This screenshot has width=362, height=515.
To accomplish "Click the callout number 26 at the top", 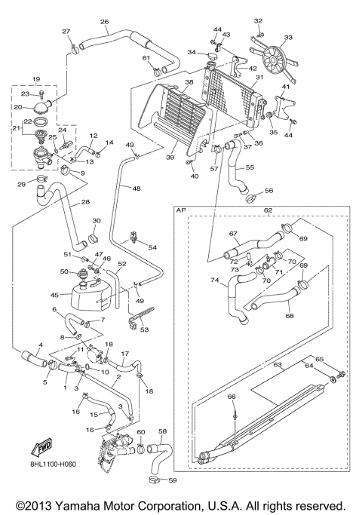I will pos(104,22).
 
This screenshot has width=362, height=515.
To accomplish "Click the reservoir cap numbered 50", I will pos(77,271).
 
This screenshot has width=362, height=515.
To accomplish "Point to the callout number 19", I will pos(35,79).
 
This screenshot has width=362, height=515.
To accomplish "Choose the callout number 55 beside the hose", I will pos(250,167).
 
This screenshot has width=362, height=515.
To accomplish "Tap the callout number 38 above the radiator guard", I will pos(189,82).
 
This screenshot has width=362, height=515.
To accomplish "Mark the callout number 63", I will pos(277,365).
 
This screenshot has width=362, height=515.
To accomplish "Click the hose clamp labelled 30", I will pos(97,236).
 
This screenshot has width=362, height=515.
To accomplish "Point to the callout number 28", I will pos(85,202).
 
